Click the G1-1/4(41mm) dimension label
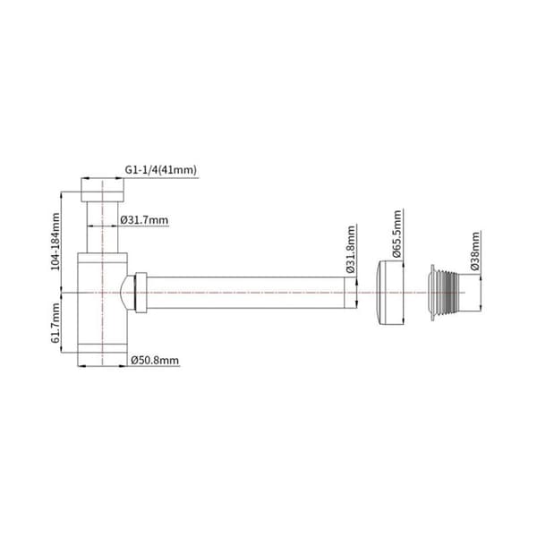tap(160, 170)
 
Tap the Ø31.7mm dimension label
tap(144, 220)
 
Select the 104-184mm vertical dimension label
tap(55, 242)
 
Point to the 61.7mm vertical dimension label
tap(55, 323)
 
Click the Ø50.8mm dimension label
tap(155, 361)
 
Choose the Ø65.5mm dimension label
tap(396, 234)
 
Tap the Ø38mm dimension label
tap(475, 251)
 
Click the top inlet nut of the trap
tap(102, 190)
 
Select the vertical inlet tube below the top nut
tap(102, 227)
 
